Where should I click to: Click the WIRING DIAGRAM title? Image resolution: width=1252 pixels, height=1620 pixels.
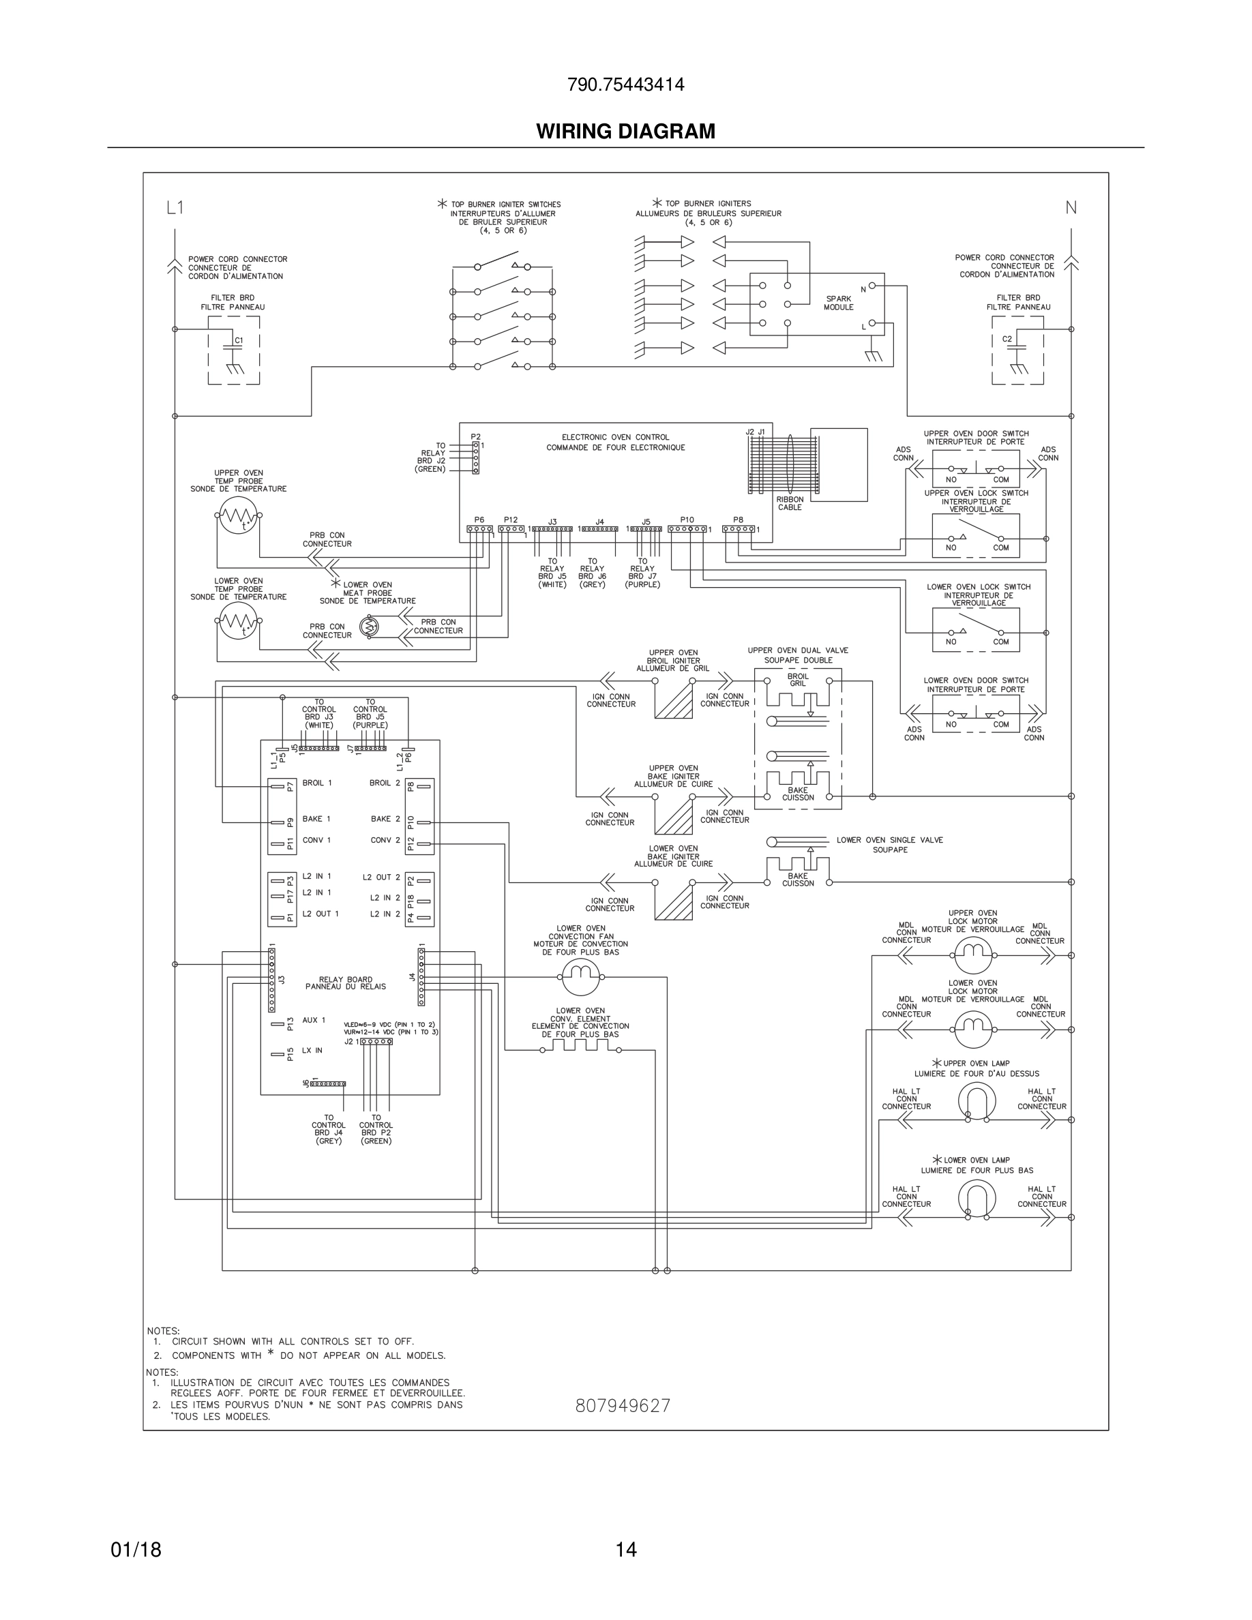[625, 132]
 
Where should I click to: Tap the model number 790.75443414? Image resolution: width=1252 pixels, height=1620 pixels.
[625, 85]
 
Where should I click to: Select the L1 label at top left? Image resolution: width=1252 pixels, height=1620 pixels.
[175, 209]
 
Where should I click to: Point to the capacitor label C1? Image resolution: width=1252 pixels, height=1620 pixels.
[239, 340]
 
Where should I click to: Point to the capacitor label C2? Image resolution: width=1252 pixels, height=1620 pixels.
[1007, 339]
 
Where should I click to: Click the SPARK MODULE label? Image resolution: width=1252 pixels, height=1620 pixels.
[838, 303]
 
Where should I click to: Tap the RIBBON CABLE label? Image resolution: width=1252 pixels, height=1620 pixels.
[790, 504]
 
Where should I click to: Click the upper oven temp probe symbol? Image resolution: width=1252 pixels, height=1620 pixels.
[238, 515]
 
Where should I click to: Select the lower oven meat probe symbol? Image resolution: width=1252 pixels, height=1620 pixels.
[370, 627]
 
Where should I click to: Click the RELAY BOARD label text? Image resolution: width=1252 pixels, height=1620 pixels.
[346, 982]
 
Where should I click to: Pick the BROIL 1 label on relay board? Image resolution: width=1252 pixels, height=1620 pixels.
[316, 783]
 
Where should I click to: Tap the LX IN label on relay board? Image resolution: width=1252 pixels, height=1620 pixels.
[312, 1050]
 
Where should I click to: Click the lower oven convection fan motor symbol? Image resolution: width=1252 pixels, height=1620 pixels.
[580, 976]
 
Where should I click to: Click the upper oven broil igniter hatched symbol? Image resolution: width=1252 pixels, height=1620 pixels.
[674, 700]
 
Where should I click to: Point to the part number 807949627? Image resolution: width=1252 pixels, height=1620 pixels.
[623, 1407]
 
